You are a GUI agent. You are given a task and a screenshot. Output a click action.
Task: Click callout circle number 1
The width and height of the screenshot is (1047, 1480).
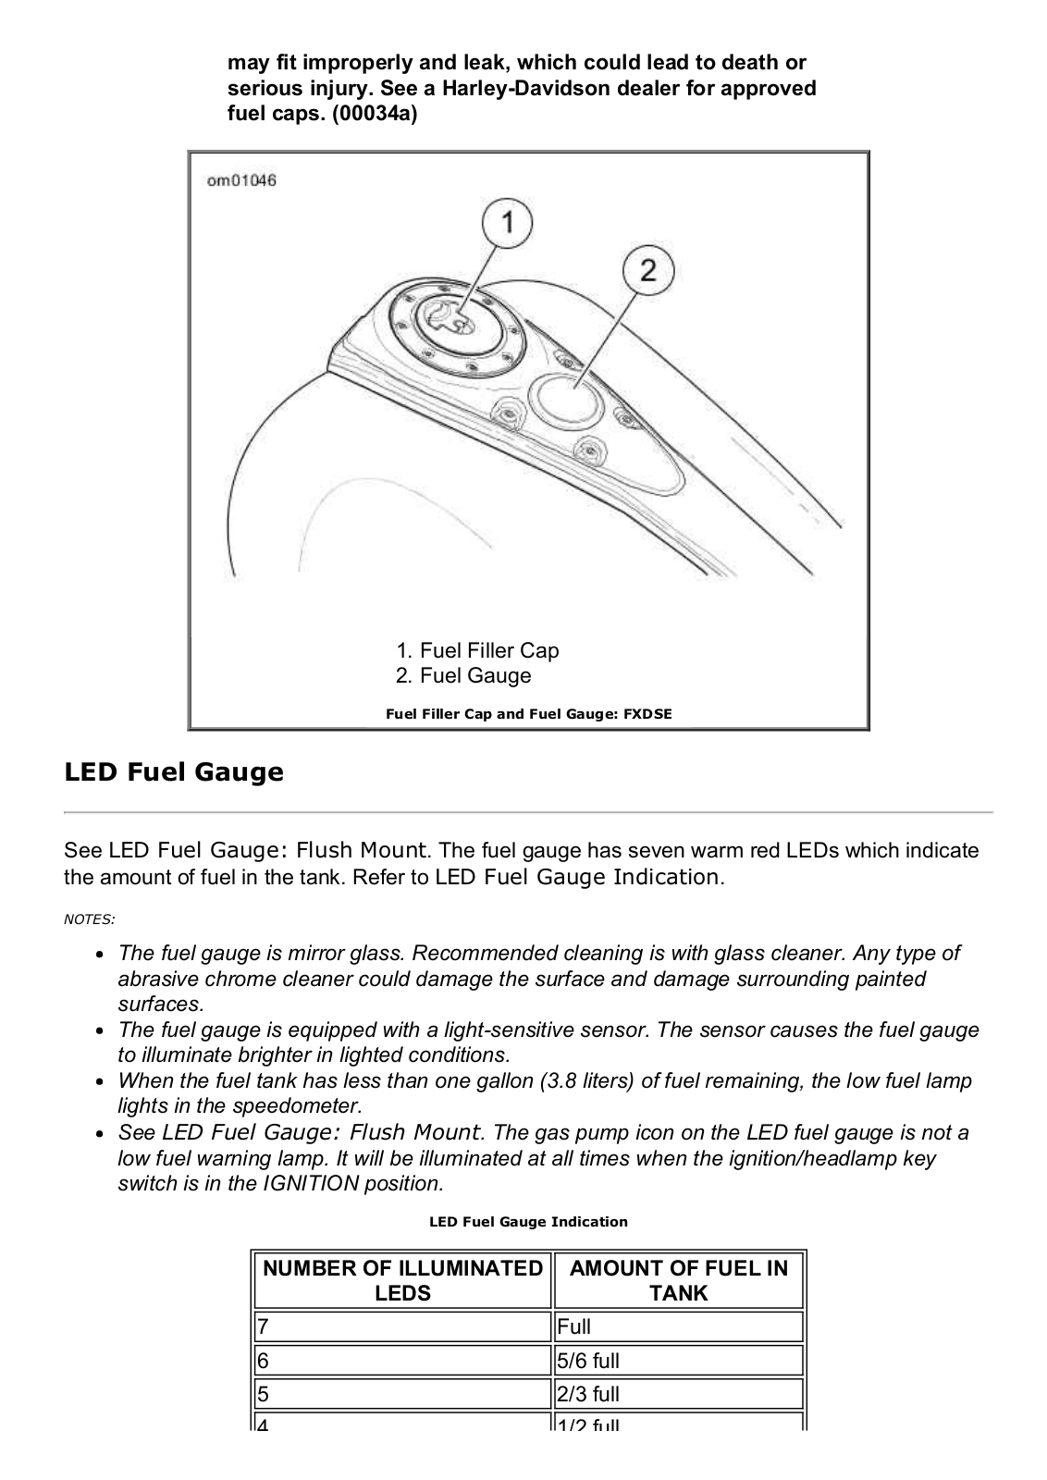click(508, 223)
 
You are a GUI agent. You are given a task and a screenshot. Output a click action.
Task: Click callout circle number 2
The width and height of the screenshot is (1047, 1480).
click(647, 270)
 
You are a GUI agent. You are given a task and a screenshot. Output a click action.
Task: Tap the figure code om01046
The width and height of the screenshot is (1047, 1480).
click(241, 180)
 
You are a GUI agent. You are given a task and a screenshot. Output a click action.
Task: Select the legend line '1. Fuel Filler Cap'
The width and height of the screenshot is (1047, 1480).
click(477, 650)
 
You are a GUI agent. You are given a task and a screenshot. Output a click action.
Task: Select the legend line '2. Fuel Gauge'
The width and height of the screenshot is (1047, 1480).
click(463, 675)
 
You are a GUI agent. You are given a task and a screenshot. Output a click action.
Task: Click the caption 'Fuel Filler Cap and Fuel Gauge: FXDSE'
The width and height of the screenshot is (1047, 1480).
click(528, 713)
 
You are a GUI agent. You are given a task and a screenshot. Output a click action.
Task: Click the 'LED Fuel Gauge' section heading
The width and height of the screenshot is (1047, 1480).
click(174, 771)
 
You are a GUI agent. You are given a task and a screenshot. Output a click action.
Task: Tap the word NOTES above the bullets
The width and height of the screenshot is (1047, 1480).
click(89, 919)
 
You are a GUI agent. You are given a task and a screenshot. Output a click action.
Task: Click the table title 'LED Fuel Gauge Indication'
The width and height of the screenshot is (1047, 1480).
click(528, 1222)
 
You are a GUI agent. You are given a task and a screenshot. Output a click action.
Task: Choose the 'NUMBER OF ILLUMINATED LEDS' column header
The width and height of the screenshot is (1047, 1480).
click(402, 1280)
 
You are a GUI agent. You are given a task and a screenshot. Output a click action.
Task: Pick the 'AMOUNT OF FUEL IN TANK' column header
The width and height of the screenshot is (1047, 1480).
click(678, 1280)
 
